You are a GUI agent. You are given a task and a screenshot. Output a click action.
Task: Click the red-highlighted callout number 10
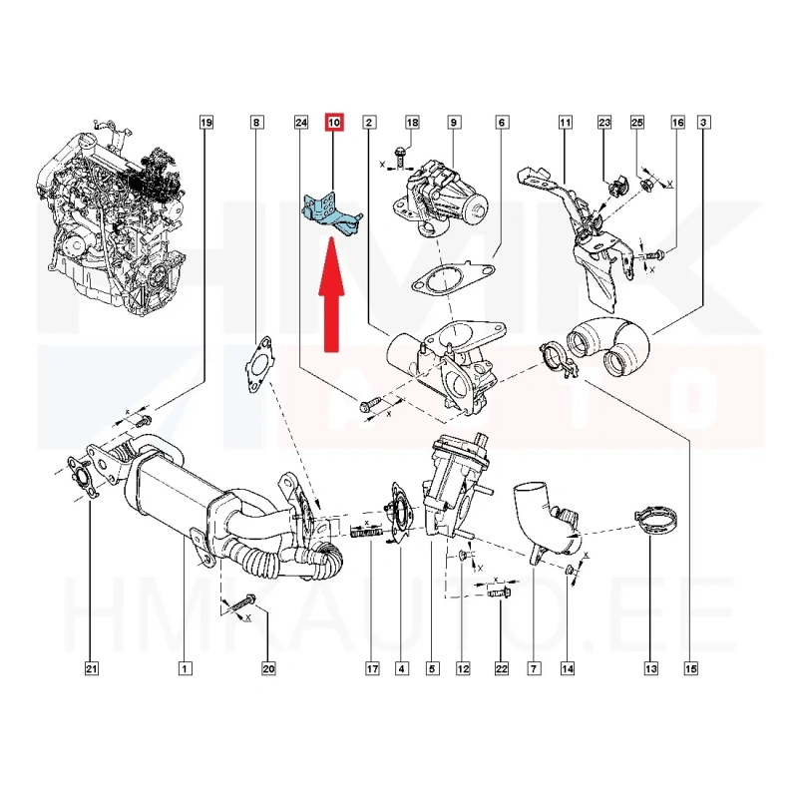pyautogui.click(x=334, y=122)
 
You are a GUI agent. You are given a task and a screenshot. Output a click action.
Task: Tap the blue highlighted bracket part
pyautogui.click(x=330, y=215)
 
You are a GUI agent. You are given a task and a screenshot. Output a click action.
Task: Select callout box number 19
pyautogui.click(x=205, y=122)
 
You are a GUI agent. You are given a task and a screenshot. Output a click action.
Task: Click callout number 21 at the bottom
pyautogui.click(x=91, y=668)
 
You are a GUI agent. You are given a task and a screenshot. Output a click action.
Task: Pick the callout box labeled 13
pyautogui.click(x=651, y=668)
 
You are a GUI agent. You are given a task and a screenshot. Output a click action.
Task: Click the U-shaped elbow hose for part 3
pyautogui.click(x=608, y=345)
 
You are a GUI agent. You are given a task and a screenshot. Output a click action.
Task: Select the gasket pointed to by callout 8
pyautogui.click(x=259, y=364)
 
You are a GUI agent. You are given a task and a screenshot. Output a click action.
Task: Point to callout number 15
pyautogui.click(x=690, y=668)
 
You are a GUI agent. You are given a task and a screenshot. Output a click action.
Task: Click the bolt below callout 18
pyautogui.click(x=401, y=157)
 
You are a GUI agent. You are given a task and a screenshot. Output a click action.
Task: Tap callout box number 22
pyautogui.click(x=502, y=668)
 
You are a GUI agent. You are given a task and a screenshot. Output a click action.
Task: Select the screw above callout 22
pyautogui.click(x=500, y=593)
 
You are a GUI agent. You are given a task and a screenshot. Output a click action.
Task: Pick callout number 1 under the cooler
pyautogui.click(x=185, y=668)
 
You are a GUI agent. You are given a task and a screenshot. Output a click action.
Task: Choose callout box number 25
pyautogui.click(x=637, y=122)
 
